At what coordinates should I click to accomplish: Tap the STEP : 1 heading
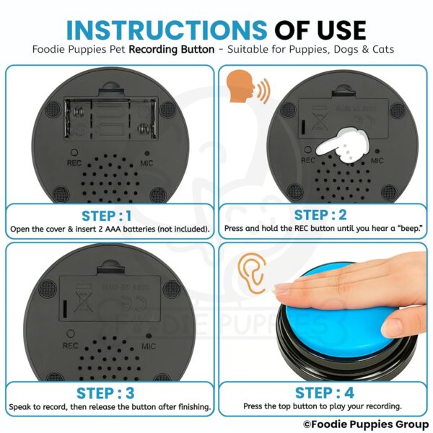(108, 215)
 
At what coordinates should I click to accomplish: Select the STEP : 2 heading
(322, 215)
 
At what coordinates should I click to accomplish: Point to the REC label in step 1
(73, 162)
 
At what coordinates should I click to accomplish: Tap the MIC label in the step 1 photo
(149, 162)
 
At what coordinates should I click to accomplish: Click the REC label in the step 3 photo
(71, 346)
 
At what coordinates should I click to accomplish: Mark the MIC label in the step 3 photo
(149, 346)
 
